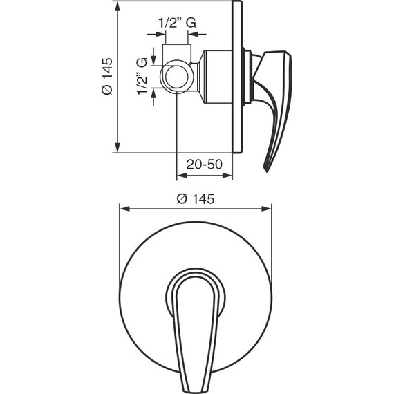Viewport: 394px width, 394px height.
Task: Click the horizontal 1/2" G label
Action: coord(177,23)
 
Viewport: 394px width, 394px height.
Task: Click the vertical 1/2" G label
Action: coord(142,76)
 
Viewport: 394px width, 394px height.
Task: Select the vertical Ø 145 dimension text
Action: coord(106,76)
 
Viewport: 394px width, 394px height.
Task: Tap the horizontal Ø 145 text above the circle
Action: coord(196,199)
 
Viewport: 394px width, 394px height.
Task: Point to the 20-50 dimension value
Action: coord(205,165)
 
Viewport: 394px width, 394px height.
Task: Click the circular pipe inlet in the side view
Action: coord(177,77)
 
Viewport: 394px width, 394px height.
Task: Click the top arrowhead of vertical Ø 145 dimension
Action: coord(118,7)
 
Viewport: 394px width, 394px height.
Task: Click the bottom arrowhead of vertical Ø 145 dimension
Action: coord(118,147)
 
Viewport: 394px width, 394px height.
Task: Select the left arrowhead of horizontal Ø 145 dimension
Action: coord(125,209)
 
